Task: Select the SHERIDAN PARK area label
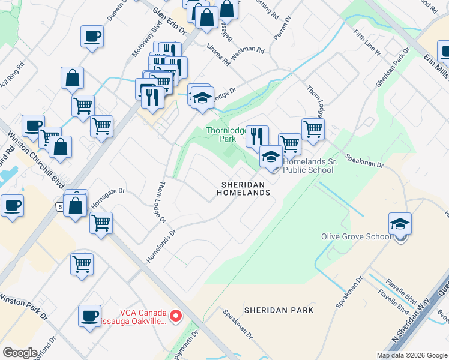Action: pyautogui.click(x=279, y=310)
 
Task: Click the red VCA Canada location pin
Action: pyautogui.click(x=176, y=316)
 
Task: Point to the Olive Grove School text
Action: pyautogui.click(x=356, y=236)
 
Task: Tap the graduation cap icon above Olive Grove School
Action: pyautogui.click(x=400, y=224)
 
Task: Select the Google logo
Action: pyautogui.click(x=20, y=353)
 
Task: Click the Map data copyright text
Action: pyautogui.click(x=412, y=355)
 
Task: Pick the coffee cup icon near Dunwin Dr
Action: pyautogui.click(x=92, y=37)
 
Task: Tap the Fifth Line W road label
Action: pyautogui.click(x=367, y=43)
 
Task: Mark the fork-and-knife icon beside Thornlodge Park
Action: pyautogui.click(x=257, y=136)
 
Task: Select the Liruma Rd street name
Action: pyautogui.click(x=218, y=55)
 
